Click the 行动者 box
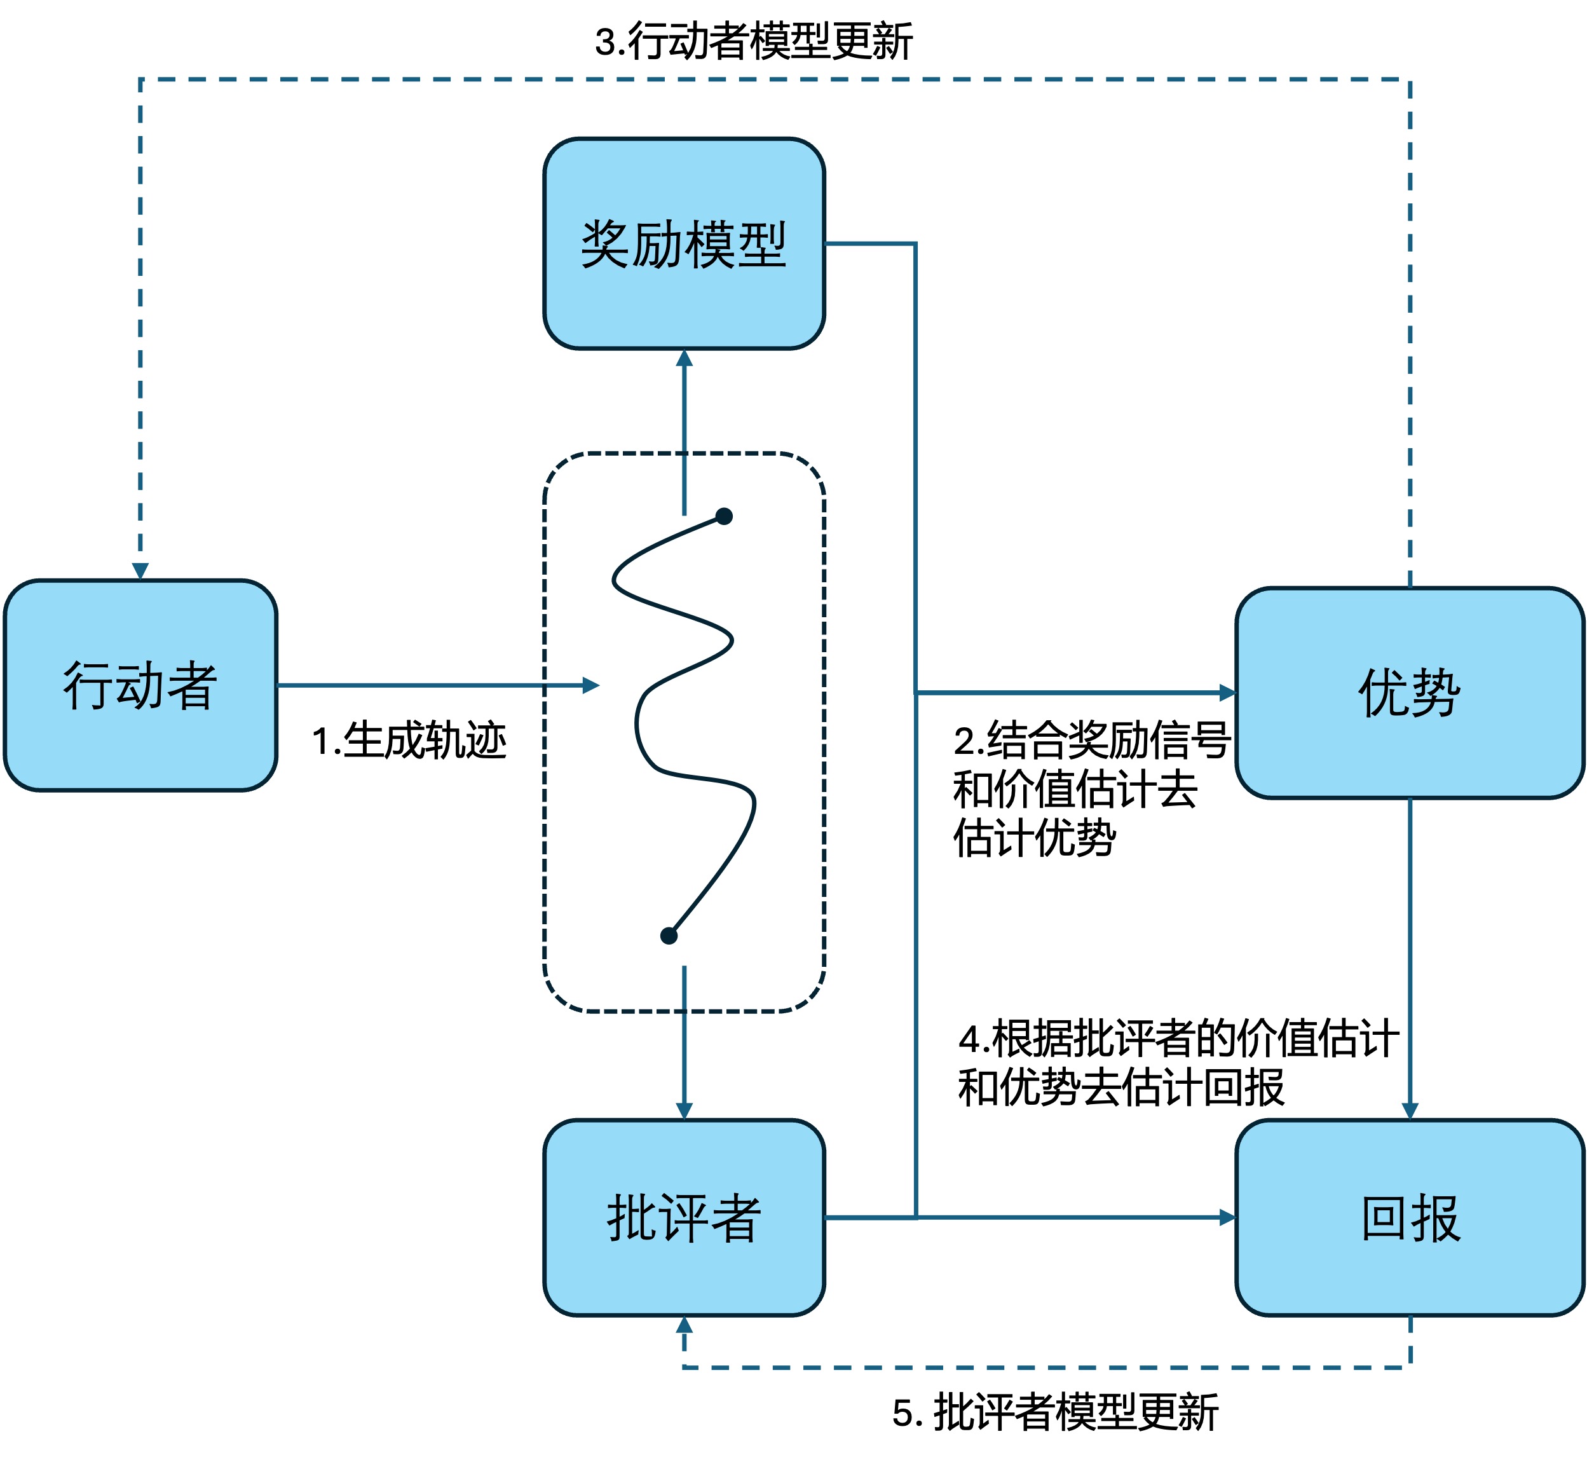point(140,685)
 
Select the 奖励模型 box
point(683,243)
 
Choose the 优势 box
point(1409,692)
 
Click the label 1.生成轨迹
point(409,741)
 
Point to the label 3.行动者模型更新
point(753,41)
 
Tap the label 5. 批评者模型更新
point(1054,1412)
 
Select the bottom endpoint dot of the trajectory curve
point(669,936)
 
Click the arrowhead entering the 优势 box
point(1227,693)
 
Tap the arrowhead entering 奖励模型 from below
point(685,359)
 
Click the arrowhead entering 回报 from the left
point(1227,1217)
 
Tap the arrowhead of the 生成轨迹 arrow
point(590,685)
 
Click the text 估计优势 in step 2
point(1034,838)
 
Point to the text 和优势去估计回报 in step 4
point(1120,1088)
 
